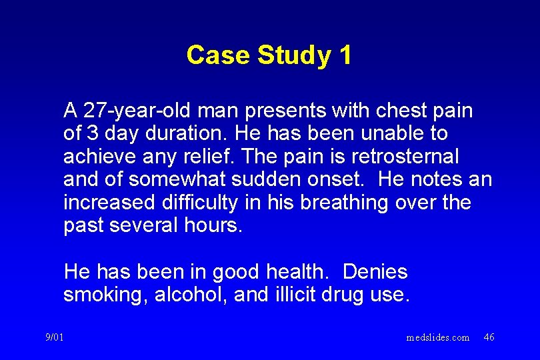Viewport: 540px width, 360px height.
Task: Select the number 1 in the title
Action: click(x=345, y=55)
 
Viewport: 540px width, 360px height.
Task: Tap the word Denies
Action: click(x=375, y=272)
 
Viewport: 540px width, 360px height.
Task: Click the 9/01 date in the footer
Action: click(x=55, y=337)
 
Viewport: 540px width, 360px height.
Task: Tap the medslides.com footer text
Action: click(x=437, y=337)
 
